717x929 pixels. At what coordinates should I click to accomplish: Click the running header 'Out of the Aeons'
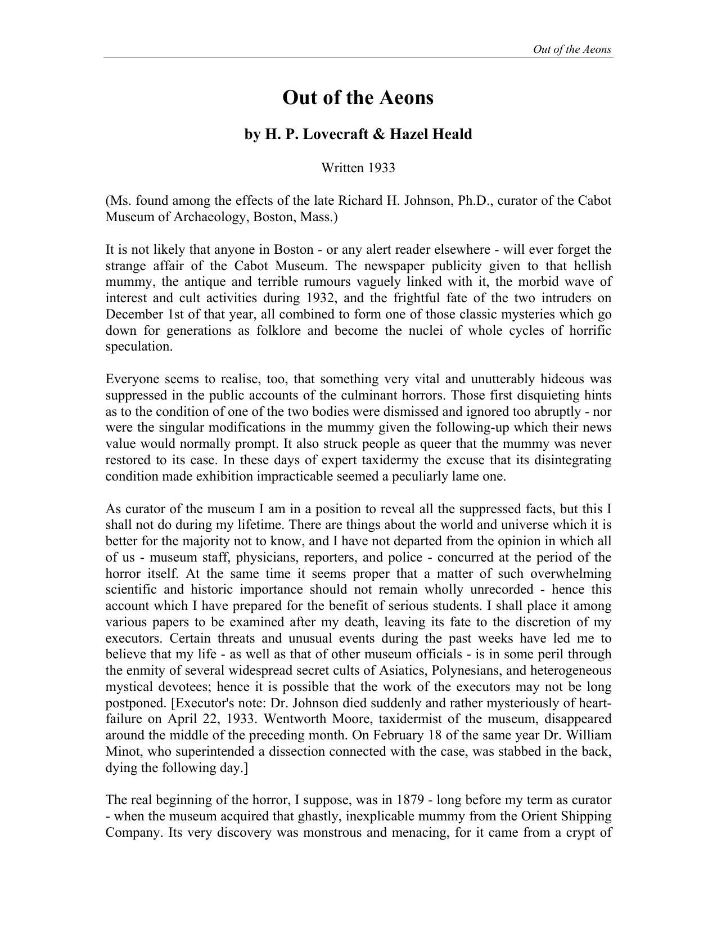[x=572, y=49]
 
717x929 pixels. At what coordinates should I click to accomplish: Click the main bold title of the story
[x=358, y=97]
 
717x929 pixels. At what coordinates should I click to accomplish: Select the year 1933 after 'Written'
[x=382, y=168]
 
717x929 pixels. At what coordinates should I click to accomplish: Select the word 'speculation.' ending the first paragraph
[x=139, y=347]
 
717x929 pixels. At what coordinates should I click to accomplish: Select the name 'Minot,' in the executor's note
[x=123, y=752]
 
